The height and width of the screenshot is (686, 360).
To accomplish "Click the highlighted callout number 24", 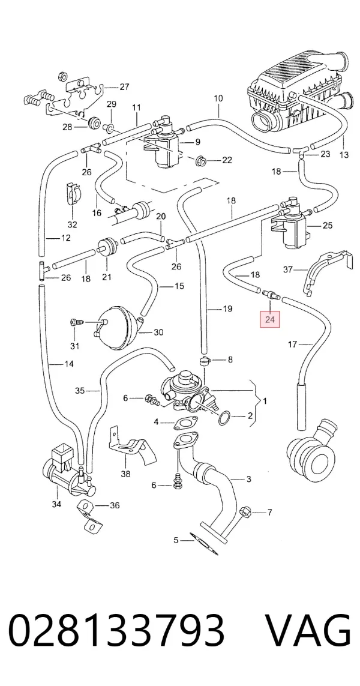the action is [270, 320].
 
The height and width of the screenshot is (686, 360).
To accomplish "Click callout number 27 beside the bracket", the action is [124, 86].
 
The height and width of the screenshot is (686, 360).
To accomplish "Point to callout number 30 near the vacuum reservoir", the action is [158, 332].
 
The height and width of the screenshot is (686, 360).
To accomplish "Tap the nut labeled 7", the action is [245, 511].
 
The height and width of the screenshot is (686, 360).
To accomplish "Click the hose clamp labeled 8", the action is [204, 361].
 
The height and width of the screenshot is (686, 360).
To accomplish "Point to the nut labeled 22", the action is [202, 159].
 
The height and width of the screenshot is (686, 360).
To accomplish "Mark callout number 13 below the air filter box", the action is [344, 155].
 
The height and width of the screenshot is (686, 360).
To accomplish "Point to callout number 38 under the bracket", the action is [126, 474].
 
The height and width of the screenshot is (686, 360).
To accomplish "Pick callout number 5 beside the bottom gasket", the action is [176, 540].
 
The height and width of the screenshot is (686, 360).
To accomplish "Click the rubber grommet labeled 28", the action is [93, 124].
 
